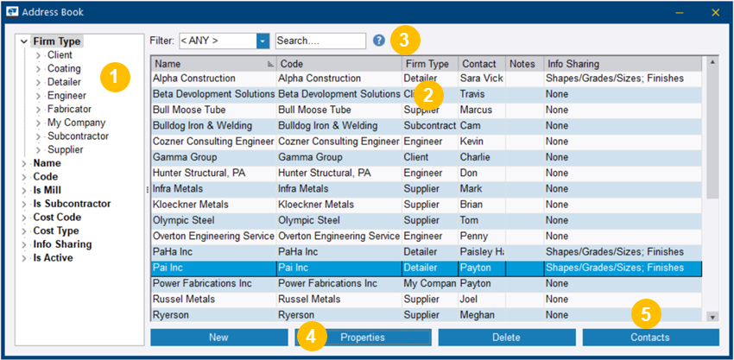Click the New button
218,337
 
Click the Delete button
506,337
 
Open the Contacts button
650,337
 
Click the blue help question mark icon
379,41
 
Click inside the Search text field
320,41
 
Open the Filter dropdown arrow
263,41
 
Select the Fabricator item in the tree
69,109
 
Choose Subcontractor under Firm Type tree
78,136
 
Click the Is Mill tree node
47,190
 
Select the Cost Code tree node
57,218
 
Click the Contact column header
479,64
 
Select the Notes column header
522,64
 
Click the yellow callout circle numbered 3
405,39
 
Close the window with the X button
716,12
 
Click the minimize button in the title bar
680,12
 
